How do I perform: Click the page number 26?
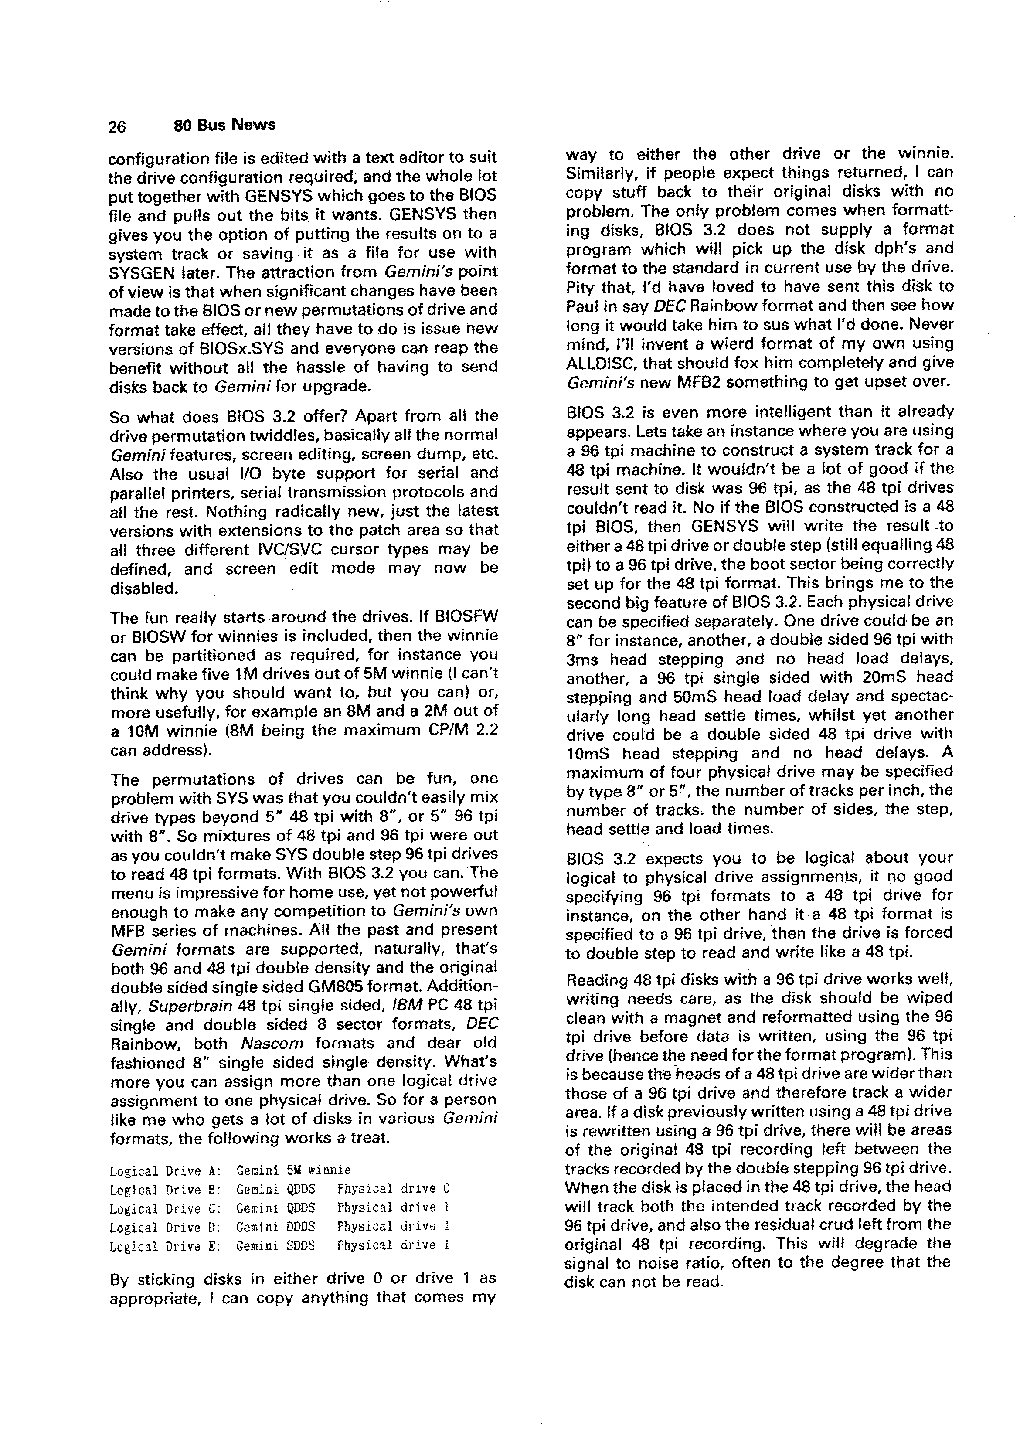click(117, 126)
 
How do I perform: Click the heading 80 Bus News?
click(224, 125)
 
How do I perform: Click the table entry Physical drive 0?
click(393, 1188)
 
